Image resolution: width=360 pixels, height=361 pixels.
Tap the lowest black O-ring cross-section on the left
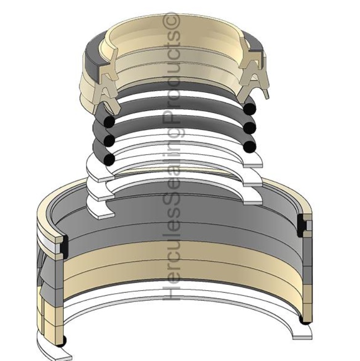[109, 159]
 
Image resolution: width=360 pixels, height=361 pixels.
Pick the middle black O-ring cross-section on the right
[250, 128]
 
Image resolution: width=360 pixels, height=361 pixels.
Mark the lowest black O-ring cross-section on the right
[250, 145]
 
